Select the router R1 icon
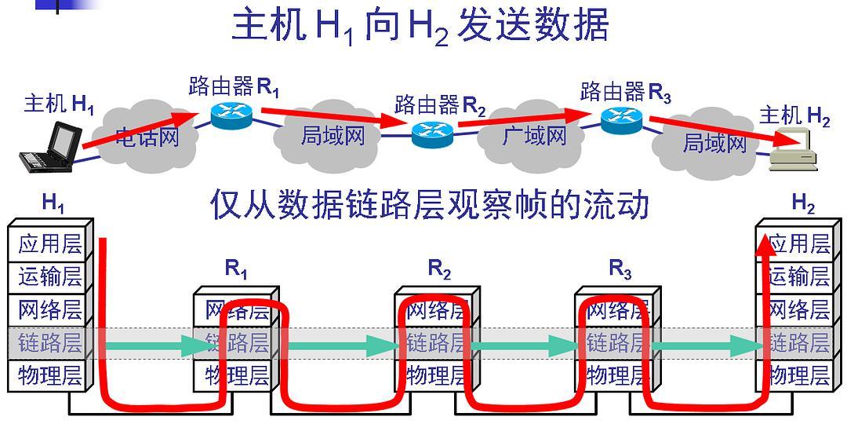(231, 116)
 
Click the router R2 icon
(432, 133)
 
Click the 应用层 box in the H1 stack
(50, 243)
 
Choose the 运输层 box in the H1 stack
(50, 276)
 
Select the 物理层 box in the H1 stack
(50, 375)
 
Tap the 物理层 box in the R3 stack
(617, 375)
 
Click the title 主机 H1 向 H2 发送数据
(420, 27)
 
